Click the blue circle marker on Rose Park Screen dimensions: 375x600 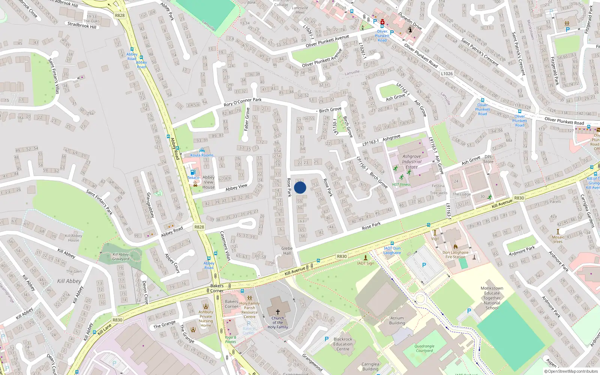click(300, 187)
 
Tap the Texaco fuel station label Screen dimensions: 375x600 click(193, 178)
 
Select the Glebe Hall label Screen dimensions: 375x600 click(287, 250)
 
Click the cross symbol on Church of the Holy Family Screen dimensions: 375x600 click(278, 312)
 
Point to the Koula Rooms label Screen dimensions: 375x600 click(202, 155)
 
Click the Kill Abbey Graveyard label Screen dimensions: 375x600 click(121, 256)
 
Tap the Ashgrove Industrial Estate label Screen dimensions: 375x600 click(411, 162)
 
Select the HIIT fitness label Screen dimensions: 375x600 click(401, 184)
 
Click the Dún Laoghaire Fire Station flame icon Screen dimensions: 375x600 click(455, 246)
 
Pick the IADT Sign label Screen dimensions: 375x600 click(366, 263)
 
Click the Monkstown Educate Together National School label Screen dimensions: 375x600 click(492, 298)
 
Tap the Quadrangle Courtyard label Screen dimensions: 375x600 click(424, 348)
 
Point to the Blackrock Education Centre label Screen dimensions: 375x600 click(343, 344)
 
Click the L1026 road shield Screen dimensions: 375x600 click(447, 73)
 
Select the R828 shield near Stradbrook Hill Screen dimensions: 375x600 click(120, 15)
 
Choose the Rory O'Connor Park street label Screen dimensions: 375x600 click(243, 102)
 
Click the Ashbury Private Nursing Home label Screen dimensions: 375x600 click(205, 318)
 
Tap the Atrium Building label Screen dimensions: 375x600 click(397, 320)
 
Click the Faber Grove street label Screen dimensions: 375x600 click(246, 119)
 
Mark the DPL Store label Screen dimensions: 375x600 click(488, 159)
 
